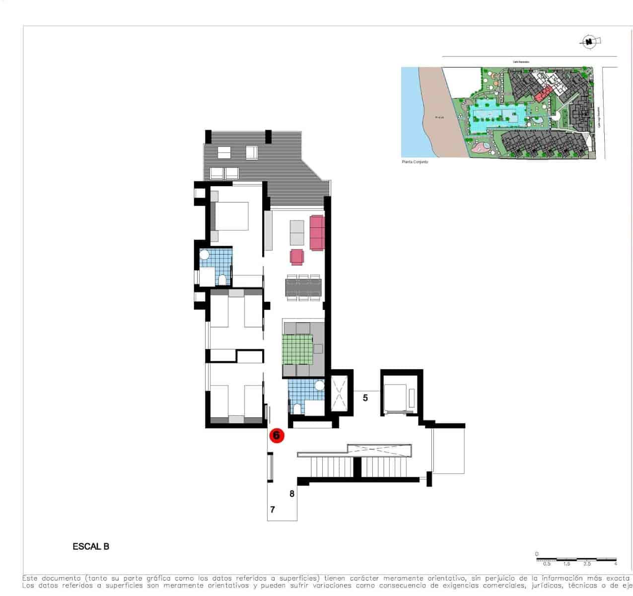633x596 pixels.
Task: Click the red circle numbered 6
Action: (x=277, y=436)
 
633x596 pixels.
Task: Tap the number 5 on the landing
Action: (x=365, y=398)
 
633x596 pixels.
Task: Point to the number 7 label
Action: (x=273, y=510)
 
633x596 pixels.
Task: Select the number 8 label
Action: (x=292, y=494)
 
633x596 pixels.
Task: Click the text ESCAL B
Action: (x=91, y=547)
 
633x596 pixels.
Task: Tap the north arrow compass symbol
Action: (x=589, y=42)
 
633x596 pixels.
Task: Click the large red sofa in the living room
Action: (x=317, y=232)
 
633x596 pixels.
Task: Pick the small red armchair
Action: (x=297, y=257)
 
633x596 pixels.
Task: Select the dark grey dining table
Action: (x=303, y=288)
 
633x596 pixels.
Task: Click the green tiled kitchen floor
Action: (x=298, y=350)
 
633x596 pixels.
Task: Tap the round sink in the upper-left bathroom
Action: (x=205, y=255)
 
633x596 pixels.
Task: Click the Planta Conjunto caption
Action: (x=415, y=162)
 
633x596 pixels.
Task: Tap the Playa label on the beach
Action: (x=439, y=118)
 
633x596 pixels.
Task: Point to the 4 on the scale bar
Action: (x=616, y=564)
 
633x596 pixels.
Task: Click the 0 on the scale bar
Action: (x=537, y=554)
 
